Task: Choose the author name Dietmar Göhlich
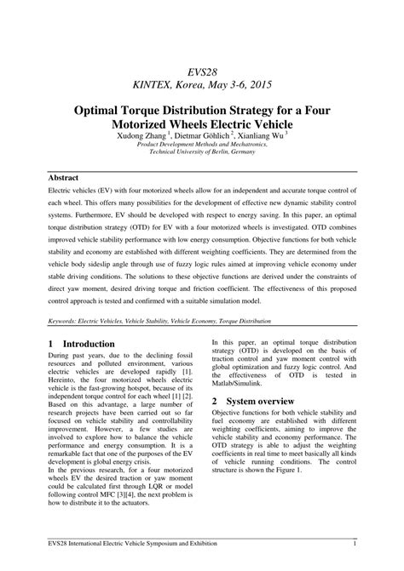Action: click(202, 135)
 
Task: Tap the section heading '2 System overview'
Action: click(254, 401)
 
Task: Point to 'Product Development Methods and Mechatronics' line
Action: click(202, 145)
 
